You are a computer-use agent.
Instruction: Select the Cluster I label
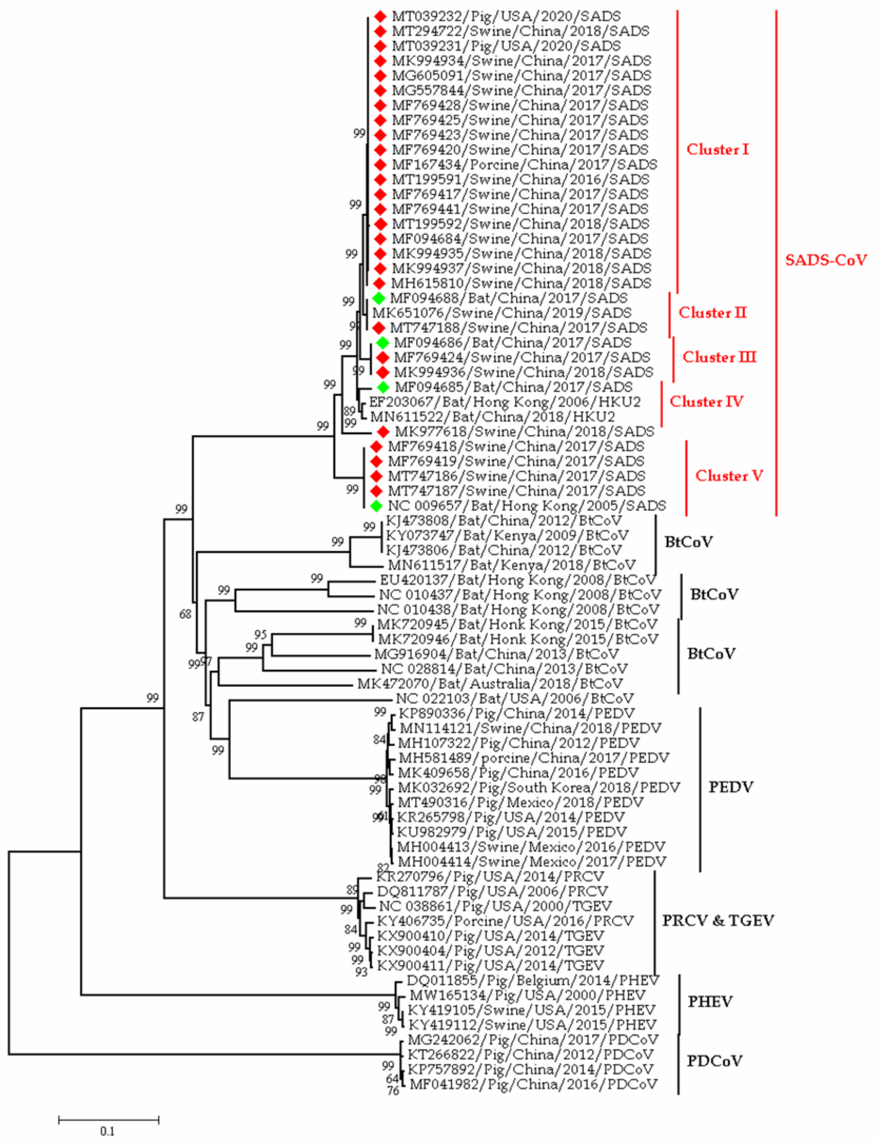tap(717, 150)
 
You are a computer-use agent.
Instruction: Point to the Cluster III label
tap(719, 357)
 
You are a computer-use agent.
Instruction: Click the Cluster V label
tap(728, 476)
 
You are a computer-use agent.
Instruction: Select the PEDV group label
tap(730, 787)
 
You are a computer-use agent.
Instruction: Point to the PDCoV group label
tap(714, 1061)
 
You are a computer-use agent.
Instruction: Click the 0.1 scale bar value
tap(107, 1132)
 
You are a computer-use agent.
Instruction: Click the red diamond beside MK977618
tap(383, 432)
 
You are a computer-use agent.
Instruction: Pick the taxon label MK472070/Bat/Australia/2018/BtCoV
tap(490, 684)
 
